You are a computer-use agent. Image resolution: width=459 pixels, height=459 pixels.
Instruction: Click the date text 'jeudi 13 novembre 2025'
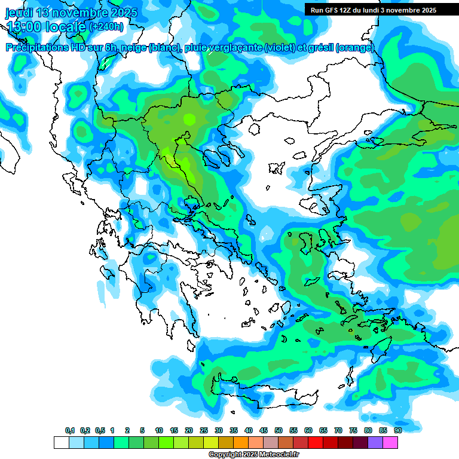click(71, 12)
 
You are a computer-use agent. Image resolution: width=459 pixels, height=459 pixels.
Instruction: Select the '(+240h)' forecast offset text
click(106, 27)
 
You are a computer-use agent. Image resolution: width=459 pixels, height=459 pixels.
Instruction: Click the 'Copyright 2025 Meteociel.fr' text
click(253, 455)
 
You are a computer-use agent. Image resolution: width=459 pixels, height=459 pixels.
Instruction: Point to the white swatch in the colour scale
click(62, 443)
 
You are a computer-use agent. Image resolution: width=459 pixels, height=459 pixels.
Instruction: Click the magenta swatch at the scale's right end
click(390, 443)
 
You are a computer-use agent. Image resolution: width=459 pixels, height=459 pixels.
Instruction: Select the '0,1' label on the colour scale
click(70, 430)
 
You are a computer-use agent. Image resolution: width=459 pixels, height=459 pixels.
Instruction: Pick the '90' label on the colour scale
click(398, 430)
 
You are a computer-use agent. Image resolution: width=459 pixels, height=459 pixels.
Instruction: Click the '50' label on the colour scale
click(279, 430)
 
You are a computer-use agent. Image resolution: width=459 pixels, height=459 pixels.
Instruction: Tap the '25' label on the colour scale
click(204, 430)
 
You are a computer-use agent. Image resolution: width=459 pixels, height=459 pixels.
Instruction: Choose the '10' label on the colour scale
click(159, 430)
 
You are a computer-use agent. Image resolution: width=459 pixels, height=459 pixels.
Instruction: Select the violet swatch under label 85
click(375, 443)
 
